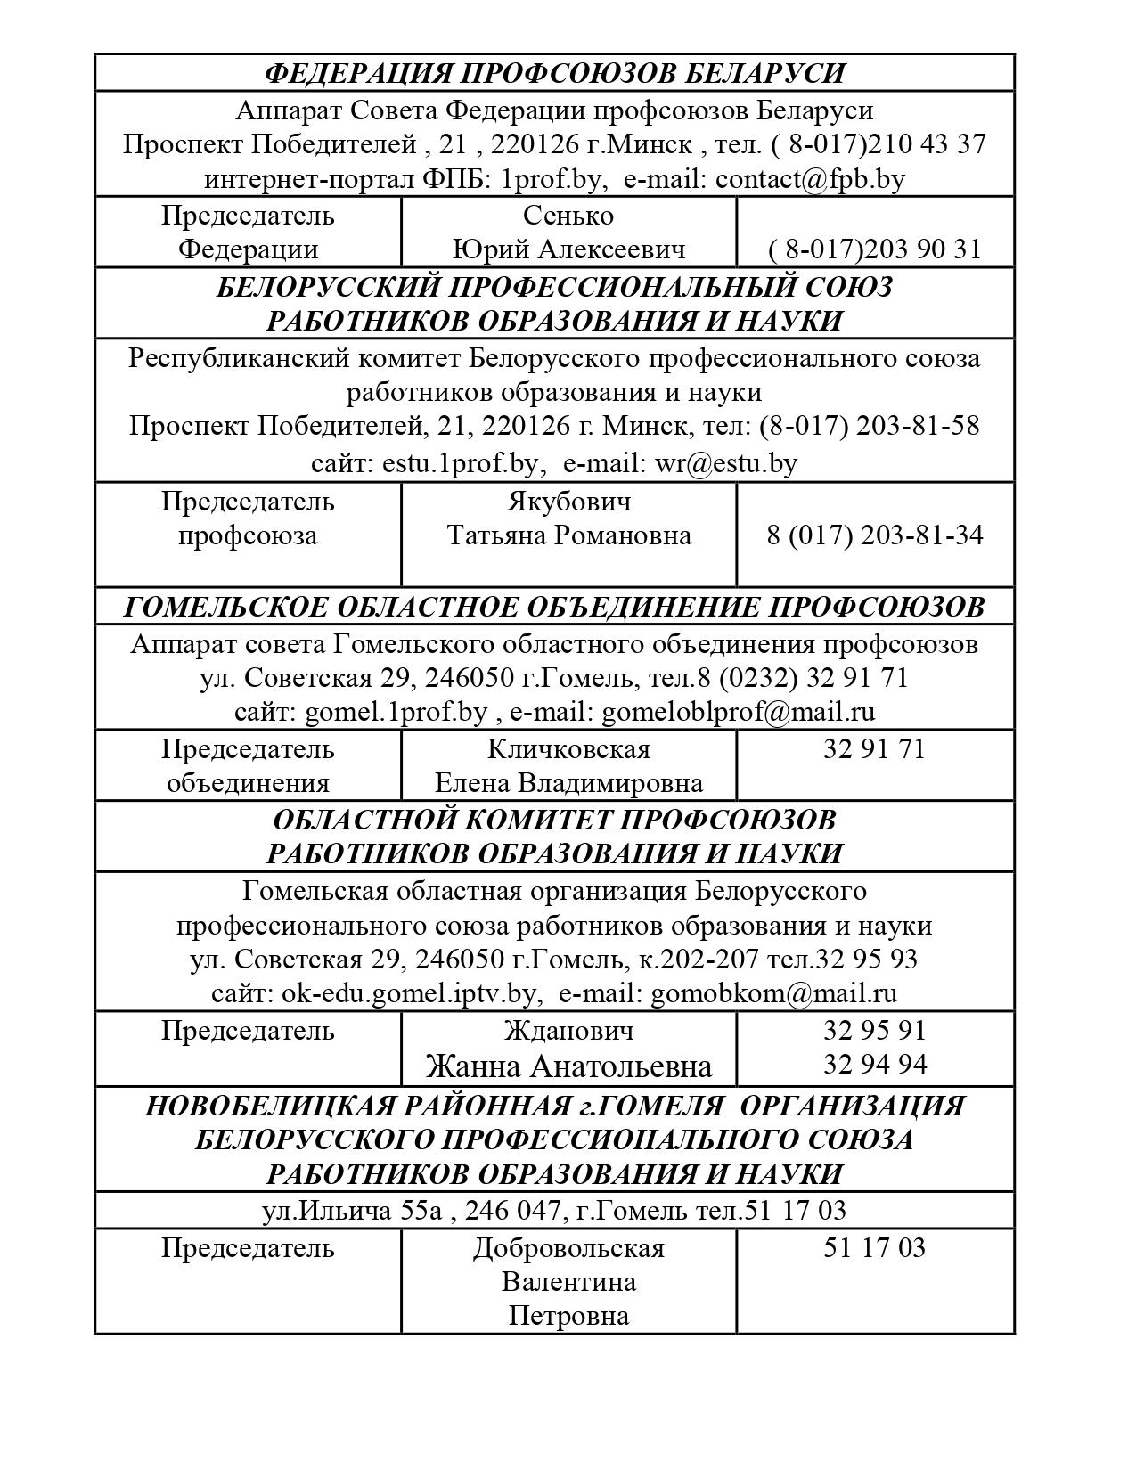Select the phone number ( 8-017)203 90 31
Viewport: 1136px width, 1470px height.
(874, 249)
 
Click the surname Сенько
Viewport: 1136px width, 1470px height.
(568, 216)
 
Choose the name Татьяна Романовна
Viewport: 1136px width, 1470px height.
(568, 535)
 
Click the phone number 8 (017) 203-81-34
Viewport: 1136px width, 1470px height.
(874, 535)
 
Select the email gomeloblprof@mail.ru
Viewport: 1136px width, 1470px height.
(739, 712)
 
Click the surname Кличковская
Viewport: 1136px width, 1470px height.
(568, 749)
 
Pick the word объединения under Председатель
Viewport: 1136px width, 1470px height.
(248, 783)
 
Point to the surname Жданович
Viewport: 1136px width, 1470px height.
(568, 1031)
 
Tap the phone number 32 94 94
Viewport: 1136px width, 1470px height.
(874, 1065)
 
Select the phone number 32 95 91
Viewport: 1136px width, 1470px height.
(874, 1031)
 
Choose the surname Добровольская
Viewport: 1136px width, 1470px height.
(568, 1248)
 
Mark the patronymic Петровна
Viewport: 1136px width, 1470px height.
(568, 1316)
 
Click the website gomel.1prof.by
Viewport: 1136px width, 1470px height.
(396, 712)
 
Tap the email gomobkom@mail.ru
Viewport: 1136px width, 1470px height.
(774, 993)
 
